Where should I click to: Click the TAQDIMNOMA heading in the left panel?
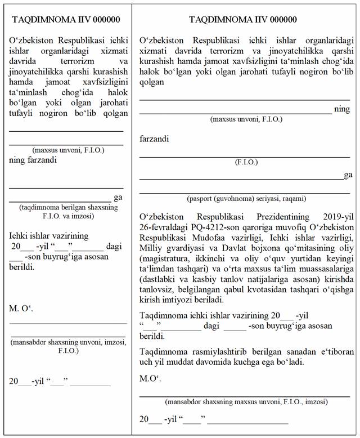pyautogui.click(x=66, y=20)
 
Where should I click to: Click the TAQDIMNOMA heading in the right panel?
pyautogui.click(x=243, y=20)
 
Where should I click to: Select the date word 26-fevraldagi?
pyautogui.click(x=164, y=227)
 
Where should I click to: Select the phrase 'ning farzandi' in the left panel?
pyautogui.click(x=33, y=160)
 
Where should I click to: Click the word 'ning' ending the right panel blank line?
pyautogui.click(x=342, y=109)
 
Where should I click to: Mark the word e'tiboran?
pyautogui.click(x=335, y=352)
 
